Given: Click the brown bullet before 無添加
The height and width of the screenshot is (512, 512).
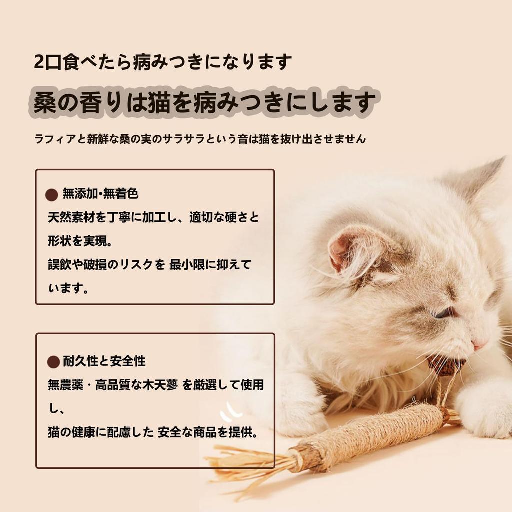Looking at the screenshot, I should coord(52,194).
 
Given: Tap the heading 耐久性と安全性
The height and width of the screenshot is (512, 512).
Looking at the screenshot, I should coord(104,361).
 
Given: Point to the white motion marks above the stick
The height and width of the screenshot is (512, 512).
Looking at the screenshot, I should coord(231,411).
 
